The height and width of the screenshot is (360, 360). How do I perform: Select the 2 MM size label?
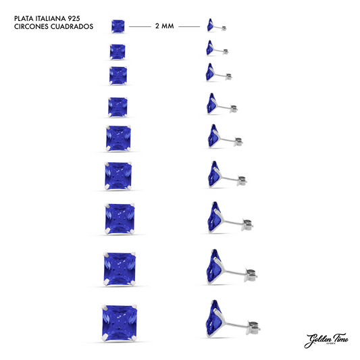pyautogui.click(x=164, y=26)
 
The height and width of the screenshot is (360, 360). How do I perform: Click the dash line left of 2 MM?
pyautogui.click(x=141, y=26)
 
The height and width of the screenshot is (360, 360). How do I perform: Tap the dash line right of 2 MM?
pyautogui.click(x=188, y=26)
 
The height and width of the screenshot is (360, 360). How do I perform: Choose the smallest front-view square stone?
pyautogui.click(x=118, y=26)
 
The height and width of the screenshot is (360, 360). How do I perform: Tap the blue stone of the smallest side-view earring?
pyautogui.click(x=213, y=26)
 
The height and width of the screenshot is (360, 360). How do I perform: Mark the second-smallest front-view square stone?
pyautogui.click(x=118, y=50)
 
